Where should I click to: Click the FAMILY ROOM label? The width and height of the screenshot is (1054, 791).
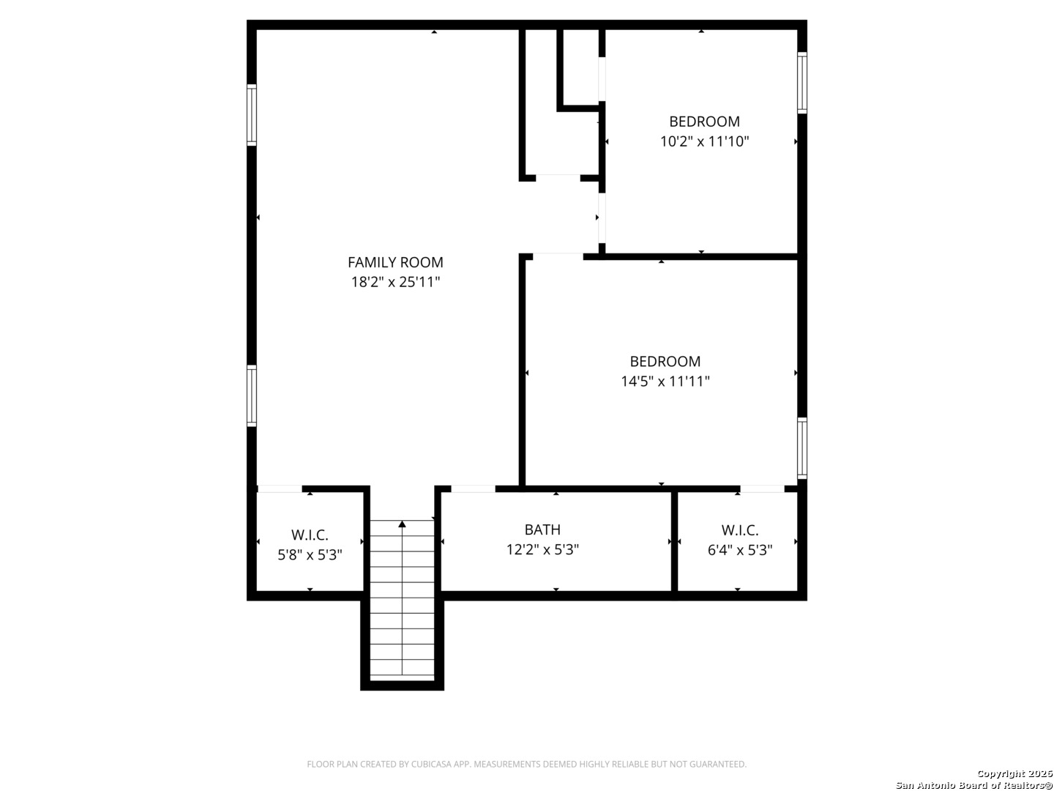coord(395,262)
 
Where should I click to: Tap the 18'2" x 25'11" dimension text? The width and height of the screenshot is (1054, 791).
coord(395,282)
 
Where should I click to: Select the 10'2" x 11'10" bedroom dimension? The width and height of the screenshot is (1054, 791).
coord(704,141)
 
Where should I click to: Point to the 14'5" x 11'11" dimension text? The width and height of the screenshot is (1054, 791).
coord(665,382)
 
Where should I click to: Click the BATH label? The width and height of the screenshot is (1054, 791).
coord(542,530)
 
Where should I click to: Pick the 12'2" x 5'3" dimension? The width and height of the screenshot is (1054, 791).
coord(542,549)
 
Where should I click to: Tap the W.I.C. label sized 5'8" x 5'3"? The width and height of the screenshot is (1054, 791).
coord(310,535)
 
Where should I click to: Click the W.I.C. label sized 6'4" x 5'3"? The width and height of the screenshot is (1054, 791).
coord(740,530)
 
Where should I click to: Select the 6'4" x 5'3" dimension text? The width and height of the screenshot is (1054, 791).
coord(740,550)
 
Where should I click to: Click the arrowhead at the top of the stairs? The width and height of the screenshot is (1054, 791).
coord(402,524)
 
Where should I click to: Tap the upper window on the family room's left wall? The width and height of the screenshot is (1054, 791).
coord(251,115)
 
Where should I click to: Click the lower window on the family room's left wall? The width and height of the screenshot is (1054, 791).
coord(251,395)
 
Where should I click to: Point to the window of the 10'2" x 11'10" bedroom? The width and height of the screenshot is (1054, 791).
coord(802,83)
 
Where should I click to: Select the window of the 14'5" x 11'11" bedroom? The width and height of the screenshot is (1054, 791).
coord(802,448)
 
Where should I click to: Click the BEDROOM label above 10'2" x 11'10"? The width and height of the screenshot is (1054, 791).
coord(704,122)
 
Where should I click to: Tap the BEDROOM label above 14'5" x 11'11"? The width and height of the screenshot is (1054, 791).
coord(665,361)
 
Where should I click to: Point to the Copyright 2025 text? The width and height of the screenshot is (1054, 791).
coord(1014,773)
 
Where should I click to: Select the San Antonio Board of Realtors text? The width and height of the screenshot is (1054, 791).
coord(974,785)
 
